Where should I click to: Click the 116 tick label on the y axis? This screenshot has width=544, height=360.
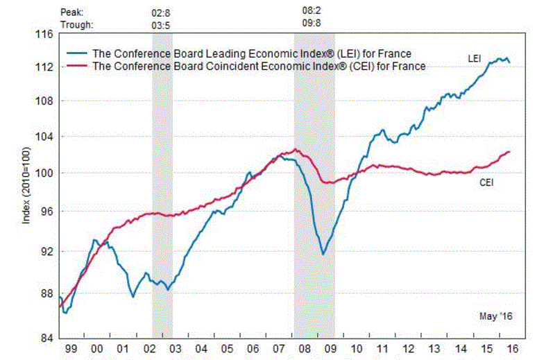pos(46,34)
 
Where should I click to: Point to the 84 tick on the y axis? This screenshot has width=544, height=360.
pos(46,338)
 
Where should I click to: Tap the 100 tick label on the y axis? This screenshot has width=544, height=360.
pos(46,173)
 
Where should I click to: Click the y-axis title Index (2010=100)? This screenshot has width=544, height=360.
pos(26,186)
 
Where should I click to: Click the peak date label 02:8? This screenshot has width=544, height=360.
pos(162,12)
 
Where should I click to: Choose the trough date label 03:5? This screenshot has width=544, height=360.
pos(162,24)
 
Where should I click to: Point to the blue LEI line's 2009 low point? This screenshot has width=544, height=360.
pos(323,254)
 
